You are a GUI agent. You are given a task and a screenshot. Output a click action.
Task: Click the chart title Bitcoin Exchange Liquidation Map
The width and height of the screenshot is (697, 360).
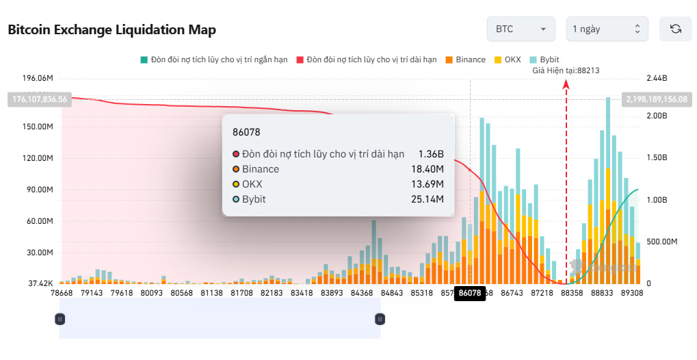(x=111, y=29)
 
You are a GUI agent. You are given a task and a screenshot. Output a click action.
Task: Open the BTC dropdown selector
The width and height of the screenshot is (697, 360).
(x=521, y=29)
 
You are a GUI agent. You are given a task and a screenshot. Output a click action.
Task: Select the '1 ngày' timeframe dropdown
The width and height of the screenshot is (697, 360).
(x=607, y=29)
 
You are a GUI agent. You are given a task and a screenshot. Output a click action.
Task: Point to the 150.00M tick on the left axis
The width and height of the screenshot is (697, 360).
(x=38, y=127)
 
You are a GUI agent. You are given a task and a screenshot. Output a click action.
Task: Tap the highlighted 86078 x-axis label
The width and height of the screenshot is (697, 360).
(x=470, y=293)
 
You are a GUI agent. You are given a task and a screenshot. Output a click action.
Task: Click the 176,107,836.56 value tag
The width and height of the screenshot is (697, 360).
(x=39, y=99)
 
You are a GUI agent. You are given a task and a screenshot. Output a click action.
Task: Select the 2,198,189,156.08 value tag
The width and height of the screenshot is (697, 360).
(x=657, y=99)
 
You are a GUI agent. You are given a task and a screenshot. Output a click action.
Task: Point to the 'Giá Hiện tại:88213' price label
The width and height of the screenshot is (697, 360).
(x=566, y=70)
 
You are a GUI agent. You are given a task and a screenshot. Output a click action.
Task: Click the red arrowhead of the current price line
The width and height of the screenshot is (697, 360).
(x=566, y=83)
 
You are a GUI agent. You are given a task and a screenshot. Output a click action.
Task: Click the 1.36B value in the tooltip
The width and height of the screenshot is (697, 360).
(x=432, y=154)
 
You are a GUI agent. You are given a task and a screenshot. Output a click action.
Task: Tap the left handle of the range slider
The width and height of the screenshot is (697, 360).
(x=60, y=318)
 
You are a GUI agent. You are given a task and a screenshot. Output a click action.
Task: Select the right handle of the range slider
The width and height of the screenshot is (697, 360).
(x=380, y=318)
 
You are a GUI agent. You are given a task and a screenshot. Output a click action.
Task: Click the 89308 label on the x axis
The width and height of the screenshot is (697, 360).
(x=631, y=293)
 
